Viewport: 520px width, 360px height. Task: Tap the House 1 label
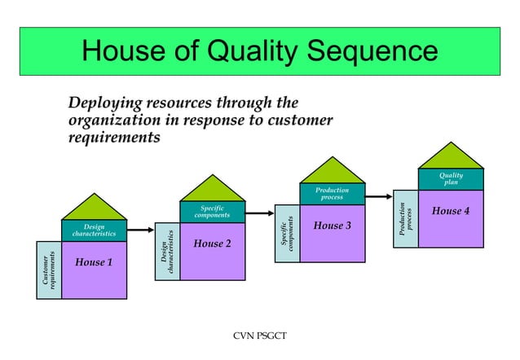(x=94, y=261)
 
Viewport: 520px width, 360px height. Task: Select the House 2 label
(x=212, y=244)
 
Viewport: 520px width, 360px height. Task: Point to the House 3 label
(x=332, y=225)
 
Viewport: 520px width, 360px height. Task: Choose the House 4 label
(x=451, y=211)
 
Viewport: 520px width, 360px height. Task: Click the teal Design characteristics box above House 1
(x=94, y=230)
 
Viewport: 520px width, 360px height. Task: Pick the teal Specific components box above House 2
(x=212, y=212)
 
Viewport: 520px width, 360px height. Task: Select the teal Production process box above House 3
(x=332, y=194)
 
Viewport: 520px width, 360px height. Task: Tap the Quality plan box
(x=451, y=178)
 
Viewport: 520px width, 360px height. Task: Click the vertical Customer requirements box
(x=49, y=270)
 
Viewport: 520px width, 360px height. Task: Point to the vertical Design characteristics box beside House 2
(x=167, y=252)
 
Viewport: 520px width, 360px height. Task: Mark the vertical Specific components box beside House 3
(x=288, y=232)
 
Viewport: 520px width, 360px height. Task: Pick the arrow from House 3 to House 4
(x=380, y=195)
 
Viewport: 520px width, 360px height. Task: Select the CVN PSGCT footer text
(x=259, y=336)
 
